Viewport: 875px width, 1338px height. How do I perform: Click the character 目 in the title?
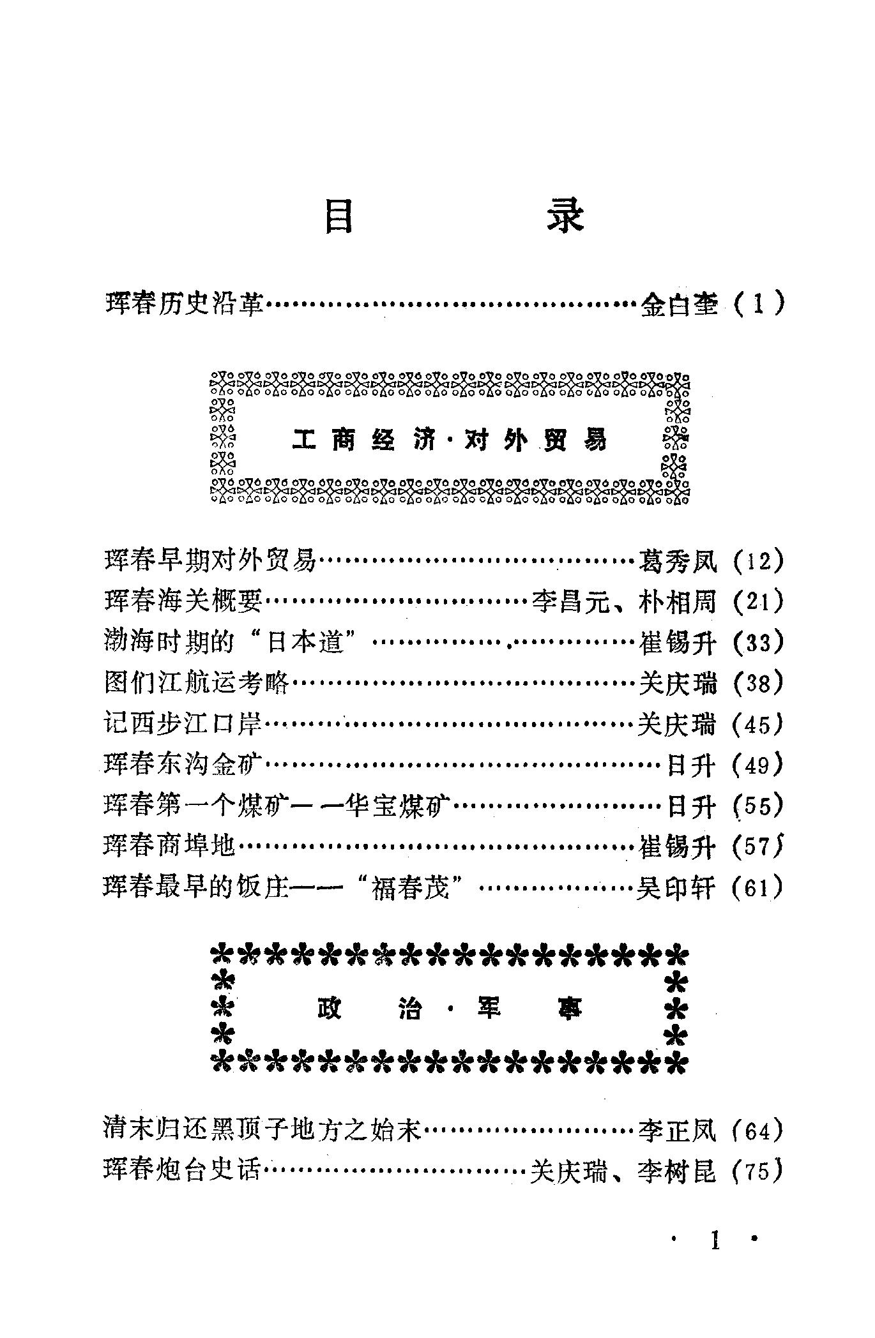339,217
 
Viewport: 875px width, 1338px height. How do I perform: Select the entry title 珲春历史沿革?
184,303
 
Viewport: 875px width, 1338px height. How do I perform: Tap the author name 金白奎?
678,304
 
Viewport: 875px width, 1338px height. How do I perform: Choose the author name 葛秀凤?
678,561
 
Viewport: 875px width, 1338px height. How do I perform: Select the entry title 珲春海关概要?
184,602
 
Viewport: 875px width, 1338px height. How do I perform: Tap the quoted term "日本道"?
304,643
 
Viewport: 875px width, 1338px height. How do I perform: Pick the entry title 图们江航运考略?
197,684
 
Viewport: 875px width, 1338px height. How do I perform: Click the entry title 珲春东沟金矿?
184,765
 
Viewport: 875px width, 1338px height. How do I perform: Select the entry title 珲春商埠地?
170,846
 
